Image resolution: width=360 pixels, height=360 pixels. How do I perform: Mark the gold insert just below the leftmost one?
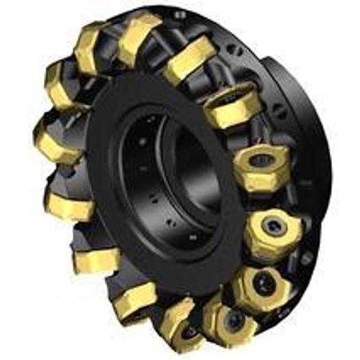coord(69,199)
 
